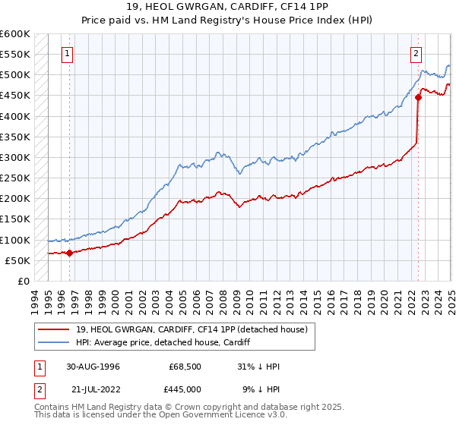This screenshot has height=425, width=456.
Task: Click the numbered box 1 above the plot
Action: pos(68,54)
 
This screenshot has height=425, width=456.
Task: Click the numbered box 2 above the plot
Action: pos(417,54)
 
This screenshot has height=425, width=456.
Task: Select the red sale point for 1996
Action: pos(69,253)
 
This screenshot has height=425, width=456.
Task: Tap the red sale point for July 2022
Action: pos(419,97)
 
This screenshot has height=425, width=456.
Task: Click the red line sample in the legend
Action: pos(52,329)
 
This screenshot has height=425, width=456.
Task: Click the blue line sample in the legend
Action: pos(52,342)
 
